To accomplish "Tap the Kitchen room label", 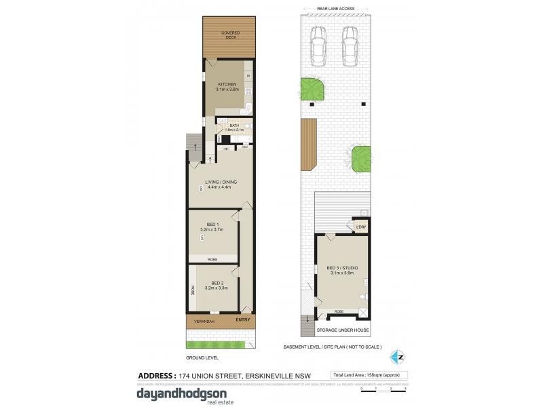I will click(x=227, y=86).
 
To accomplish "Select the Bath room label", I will click(x=234, y=127).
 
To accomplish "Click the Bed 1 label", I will click(x=212, y=227).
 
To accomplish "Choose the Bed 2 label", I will click(x=217, y=285).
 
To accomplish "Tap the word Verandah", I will click(x=205, y=321).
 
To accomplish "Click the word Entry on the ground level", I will click(x=242, y=320).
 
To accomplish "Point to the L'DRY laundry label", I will click(x=360, y=226).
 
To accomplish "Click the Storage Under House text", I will click(x=343, y=330).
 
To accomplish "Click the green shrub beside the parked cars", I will click(x=313, y=88).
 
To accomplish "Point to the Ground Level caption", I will click(x=202, y=357).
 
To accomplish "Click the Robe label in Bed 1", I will click(x=212, y=258).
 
